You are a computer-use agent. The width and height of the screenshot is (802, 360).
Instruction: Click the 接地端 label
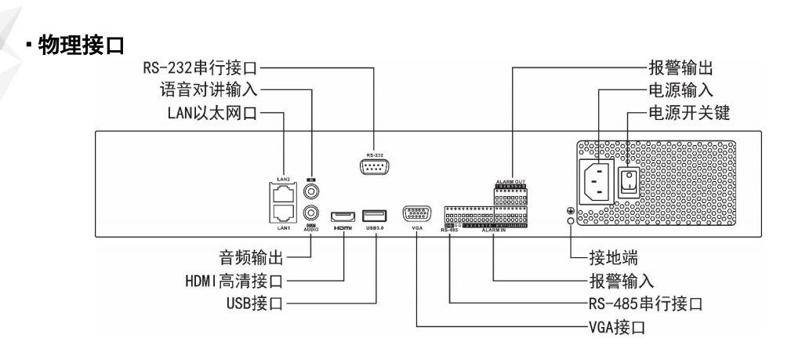click(x=616, y=256)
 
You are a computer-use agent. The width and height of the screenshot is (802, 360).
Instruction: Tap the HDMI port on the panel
click(x=343, y=214)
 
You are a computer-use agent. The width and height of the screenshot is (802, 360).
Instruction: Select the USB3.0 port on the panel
click(x=375, y=214)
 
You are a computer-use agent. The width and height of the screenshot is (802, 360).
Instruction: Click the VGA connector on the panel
click(x=416, y=214)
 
